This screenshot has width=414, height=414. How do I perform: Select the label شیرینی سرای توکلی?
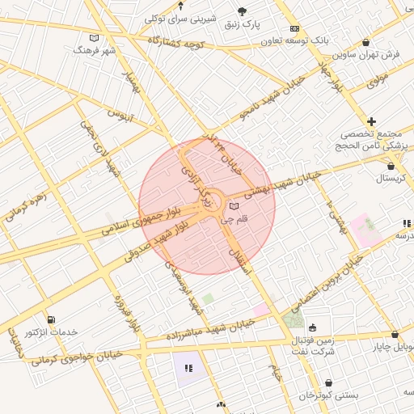pos(178,17)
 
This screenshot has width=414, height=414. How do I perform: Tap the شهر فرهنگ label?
pos(95,50)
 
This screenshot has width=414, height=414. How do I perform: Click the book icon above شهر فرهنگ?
pos(95,37)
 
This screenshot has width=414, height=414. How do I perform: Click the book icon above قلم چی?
pos(234,206)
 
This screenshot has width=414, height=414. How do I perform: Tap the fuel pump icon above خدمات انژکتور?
pos(52,320)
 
